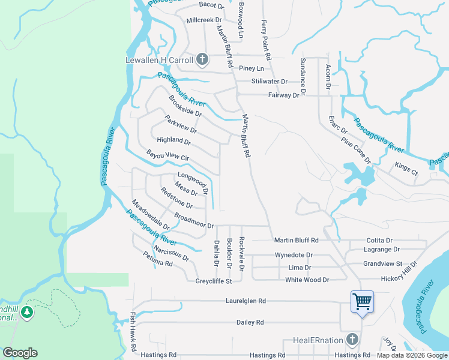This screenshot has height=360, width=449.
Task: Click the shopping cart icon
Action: coord(362,301)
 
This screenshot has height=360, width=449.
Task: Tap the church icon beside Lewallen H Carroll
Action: coord(202,59)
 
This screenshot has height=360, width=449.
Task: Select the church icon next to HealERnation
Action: coord(353,340)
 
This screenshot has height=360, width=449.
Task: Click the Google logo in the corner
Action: coord(20,353)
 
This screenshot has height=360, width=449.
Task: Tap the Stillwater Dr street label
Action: coord(270,81)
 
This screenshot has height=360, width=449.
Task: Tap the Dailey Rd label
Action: coord(250,322)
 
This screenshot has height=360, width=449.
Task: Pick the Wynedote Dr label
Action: coord(294,255)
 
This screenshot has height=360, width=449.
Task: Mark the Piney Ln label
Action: coord(252,68)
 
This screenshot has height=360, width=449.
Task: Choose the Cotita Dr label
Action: coord(379,240)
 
